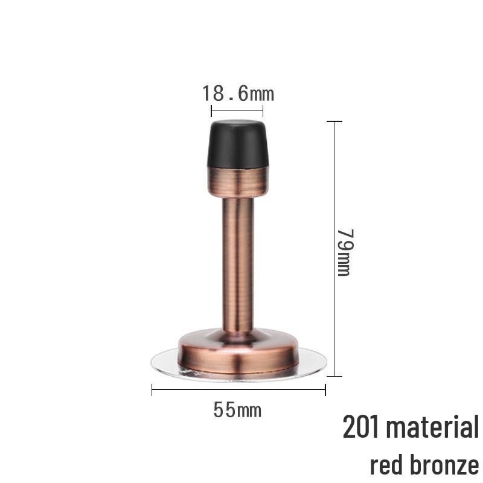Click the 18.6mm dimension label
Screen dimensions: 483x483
point(237,94)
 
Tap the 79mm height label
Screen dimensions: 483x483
point(344,252)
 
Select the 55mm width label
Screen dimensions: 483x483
point(237,410)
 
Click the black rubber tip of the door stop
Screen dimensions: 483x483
point(238,145)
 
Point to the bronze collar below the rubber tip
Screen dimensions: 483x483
point(238,181)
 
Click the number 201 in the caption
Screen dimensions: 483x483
point(361,427)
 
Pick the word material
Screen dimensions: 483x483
point(432,427)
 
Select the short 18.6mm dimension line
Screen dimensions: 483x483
point(237,110)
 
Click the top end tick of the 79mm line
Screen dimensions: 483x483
point(334,121)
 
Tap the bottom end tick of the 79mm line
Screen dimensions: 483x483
point(334,376)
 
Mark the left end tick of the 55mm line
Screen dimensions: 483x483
point(152,391)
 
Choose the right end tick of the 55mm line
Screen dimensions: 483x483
point(325,391)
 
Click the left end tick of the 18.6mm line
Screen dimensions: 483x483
point(211,110)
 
